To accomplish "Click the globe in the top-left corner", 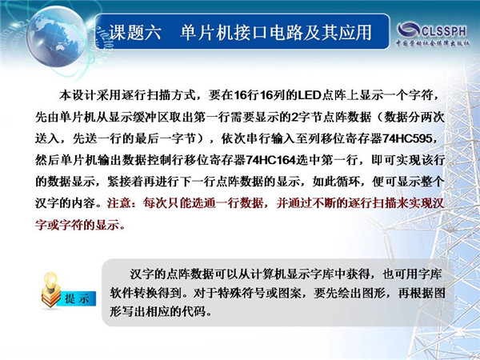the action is point(57,36).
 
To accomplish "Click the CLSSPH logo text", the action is point(444,30).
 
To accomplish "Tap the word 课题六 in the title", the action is point(135,32).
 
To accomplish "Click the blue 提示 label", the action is point(78,298).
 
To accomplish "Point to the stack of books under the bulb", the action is point(51,298).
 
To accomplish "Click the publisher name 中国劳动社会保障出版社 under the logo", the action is point(433,43).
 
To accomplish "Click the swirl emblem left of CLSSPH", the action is point(408,30).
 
